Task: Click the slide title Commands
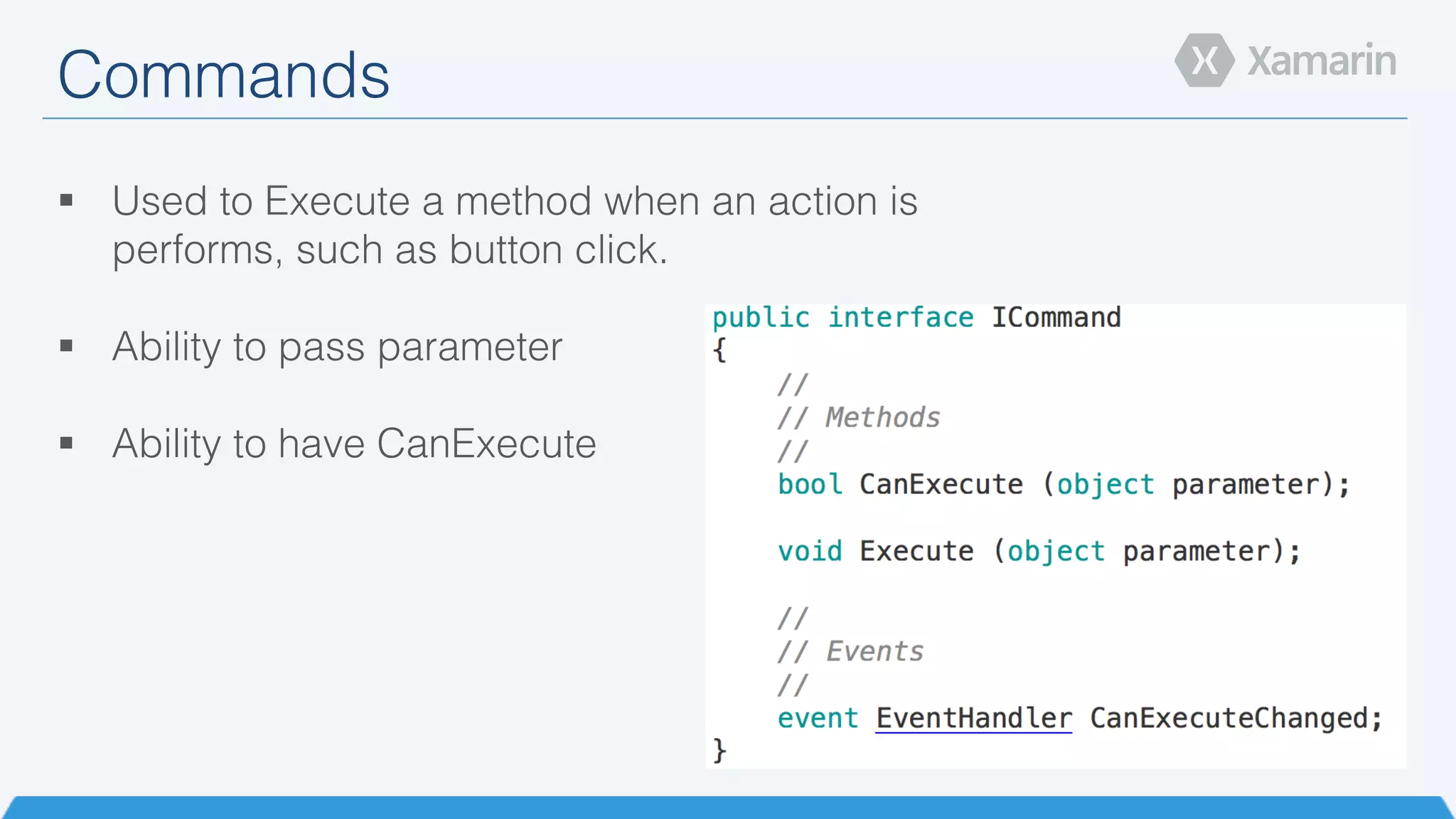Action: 223,75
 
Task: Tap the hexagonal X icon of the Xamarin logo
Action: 1204,60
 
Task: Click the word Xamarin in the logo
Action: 1322,60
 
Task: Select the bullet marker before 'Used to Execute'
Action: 67,200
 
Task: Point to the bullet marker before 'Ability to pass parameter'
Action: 67,346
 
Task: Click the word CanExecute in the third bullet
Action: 486,444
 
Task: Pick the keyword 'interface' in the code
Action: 901,317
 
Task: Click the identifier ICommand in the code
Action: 1056,317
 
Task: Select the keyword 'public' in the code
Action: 761,318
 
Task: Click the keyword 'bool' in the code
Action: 810,484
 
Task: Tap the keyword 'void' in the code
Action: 810,551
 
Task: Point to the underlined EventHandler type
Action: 973,718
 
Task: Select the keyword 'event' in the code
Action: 818,718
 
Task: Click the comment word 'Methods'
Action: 882,417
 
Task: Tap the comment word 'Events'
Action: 874,651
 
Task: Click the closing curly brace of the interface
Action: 719,751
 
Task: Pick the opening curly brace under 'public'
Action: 719,350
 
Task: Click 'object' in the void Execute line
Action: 1056,551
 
